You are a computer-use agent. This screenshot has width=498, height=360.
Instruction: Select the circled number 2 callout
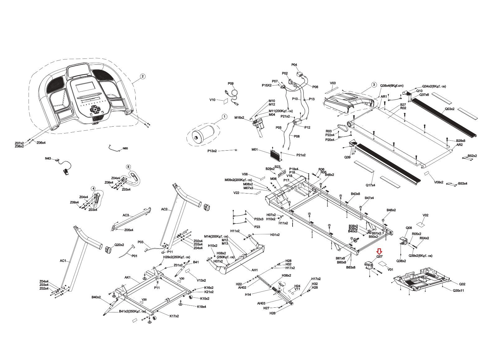pyautogui.click(x=142, y=76)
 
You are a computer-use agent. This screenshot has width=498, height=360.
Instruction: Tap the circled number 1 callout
pyautogui.click(x=224, y=117)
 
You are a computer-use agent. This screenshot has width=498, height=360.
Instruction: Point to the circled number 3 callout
pyautogui.click(x=374, y=85)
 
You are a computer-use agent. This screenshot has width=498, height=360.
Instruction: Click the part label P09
pyautogui.click(x=230, y=83)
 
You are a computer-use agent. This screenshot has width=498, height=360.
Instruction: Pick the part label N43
pyautogui.click(x=48, y=158)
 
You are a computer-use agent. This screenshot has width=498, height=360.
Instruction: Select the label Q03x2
pyautogui.click(x=449, y=109)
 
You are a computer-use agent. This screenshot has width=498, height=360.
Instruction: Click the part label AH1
pyautogui.click(x=255, y=270)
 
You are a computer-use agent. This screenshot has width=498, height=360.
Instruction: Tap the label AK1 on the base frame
pyautogui.click(x=127, y=277)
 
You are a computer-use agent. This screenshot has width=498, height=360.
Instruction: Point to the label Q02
pyautogui.click(x=462, y=284)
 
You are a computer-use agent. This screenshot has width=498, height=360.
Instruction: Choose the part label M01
pyautogui.click(x=255, y=150)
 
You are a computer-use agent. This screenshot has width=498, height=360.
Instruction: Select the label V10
pyautogui.click(x=212, y=100)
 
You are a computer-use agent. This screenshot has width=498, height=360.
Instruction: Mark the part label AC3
pyautogui.click(x=125, y=215)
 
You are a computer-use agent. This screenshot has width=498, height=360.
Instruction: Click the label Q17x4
pyautogui.click(x=370, y=185)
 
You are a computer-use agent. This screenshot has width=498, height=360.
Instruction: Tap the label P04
pyautogui.click(x=294, y=65)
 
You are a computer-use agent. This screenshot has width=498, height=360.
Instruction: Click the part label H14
pyautogui.click(x=248, y=294)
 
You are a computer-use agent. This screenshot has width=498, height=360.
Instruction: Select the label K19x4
pyautogui.click(x=202, y=306)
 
